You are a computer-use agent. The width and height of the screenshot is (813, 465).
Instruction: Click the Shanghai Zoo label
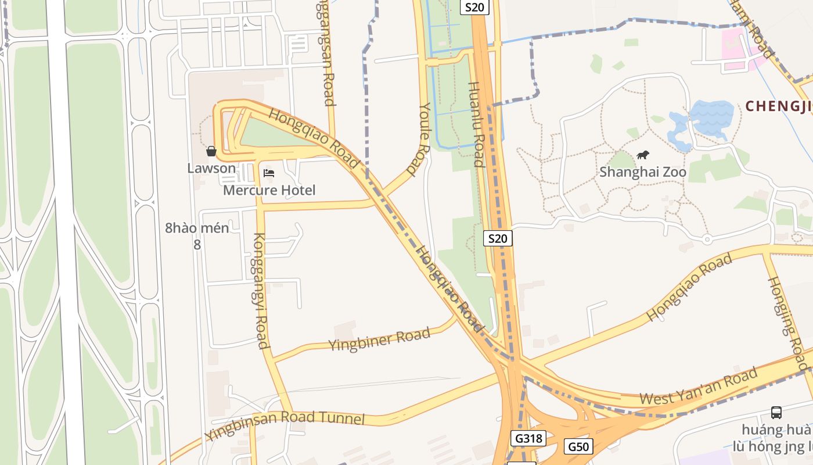[642, 172]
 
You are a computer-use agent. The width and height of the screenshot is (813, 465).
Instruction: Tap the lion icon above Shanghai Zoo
[643, 155]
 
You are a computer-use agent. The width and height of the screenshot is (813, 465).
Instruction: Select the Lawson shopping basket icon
[211, 151]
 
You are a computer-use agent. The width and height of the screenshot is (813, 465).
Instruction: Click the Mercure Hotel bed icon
[268, 173]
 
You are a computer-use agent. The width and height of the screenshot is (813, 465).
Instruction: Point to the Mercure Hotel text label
[269, 190]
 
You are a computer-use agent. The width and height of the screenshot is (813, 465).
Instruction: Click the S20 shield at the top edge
[474, 7]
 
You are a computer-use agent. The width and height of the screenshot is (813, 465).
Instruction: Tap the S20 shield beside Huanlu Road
[498, 238]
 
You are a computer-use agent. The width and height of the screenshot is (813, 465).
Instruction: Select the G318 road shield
[528, 438]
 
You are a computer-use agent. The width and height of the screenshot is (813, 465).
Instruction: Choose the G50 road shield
[578, 446]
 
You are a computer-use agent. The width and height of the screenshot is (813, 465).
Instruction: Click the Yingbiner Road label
[379, 339]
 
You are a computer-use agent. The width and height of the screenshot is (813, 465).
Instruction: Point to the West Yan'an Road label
[699, 387]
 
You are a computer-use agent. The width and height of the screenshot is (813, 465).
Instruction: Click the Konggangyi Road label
[260, 291]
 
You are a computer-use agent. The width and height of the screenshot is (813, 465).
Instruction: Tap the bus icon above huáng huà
[776, 413]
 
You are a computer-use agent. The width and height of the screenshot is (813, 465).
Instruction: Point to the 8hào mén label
[197, 228]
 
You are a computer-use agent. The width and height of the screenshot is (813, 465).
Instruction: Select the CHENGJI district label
[778, 106]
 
